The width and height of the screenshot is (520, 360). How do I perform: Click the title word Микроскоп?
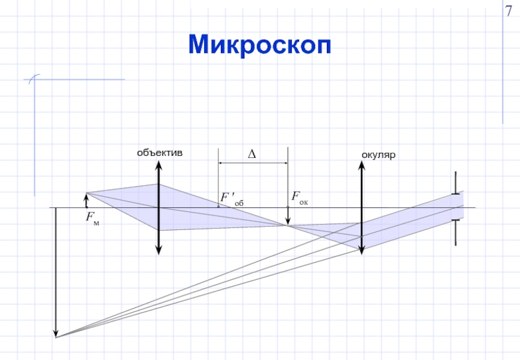coord(260,44)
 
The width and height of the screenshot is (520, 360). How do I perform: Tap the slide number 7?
coord(510,12)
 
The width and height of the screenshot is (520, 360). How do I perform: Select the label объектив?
coord(159,153)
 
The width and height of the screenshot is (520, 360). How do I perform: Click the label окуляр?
coord(379,155)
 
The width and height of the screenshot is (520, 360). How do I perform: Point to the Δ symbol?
coord(252,154)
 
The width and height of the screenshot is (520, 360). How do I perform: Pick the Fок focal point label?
coord(299,196)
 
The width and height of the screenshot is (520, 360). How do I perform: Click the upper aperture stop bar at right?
coord(456,183)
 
